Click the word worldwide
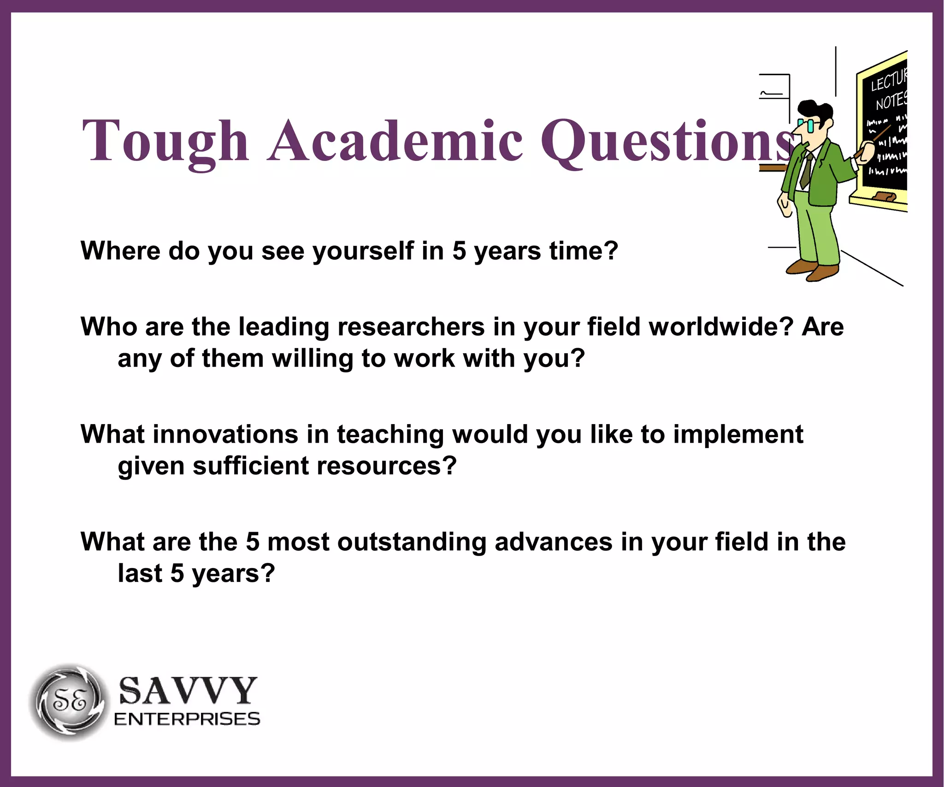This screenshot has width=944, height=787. [x=720, y=327]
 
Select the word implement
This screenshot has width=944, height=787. [x=738, y=435]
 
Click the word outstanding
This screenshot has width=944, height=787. [x=412, y=542]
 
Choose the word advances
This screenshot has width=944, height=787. [x=553, y=542]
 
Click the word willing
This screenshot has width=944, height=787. [x=313, y=359]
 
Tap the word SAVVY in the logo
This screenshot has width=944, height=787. [x=188, y=691]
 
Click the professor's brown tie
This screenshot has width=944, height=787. [x=807, y=171]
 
